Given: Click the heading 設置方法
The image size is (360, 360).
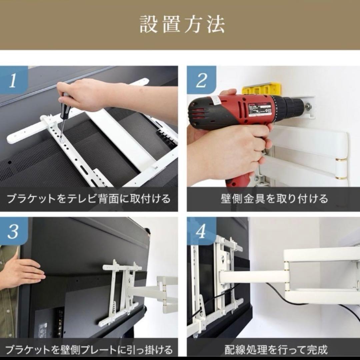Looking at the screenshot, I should (x=182, y=24).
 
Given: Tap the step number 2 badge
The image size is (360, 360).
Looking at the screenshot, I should (x=201, y=80).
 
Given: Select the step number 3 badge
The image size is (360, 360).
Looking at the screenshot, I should (x=13, y=232).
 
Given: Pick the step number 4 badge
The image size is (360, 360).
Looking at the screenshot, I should (x=201, y=232).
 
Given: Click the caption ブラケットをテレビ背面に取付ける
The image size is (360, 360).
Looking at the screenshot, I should (x=89, y=199).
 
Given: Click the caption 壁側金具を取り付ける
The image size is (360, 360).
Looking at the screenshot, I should (x=274, y=199).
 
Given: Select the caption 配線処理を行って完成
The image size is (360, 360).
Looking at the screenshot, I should (x=276, y=350).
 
